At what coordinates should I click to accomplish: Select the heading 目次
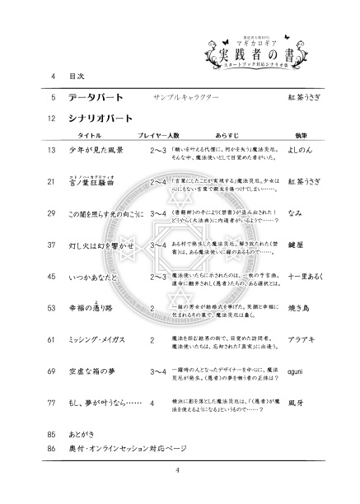tap(77, 77)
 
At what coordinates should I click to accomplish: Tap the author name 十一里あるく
tap(309, 277)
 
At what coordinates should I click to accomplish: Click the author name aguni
tap(300, 371)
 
